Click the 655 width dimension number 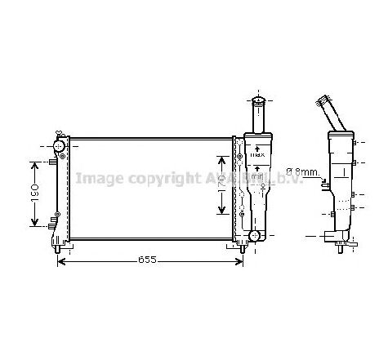[146, 260]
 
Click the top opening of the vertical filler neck [256, 102]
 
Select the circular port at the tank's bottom [253, 236]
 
